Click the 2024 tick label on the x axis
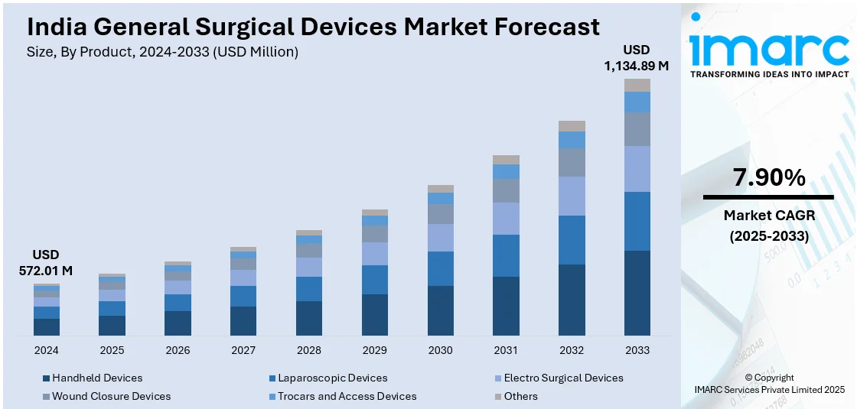tap(46, 350)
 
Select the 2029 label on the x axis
tap(374, 350)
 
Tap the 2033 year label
tap(637, 350)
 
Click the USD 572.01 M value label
tap(46, 262)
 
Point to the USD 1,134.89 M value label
tap(637, 58)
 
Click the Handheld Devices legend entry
tap(96, 378)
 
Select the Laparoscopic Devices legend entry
tap(332, 378)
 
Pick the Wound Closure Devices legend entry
tap(111, 396)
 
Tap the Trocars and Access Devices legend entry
tap(347, 396)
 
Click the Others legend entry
tap(520, 396)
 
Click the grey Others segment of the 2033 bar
tap(637, 85)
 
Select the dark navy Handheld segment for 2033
tap(637, 293)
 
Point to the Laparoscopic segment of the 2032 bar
tap(572, 240)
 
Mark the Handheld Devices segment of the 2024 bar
tap(46, 327)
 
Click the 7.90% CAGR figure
tap(769, 178)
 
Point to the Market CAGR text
tap(769, 216)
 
